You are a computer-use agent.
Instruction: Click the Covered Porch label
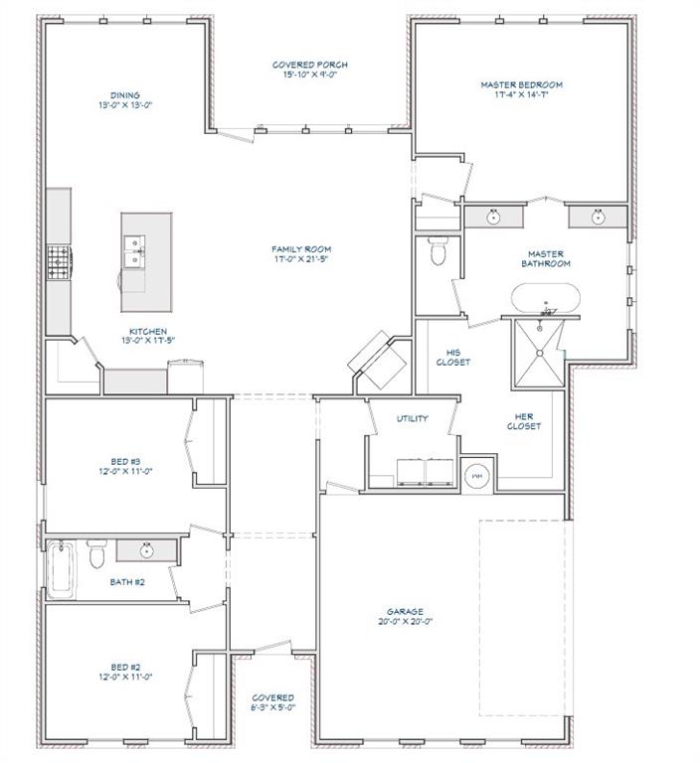pyautogui.click(x=310, y=66)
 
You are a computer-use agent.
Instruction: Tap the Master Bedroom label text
pyautogui.click(x=520, y=85)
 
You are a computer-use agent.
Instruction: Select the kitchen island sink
pyautogui.click(x=132, y=251)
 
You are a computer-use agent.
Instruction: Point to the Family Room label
pyautogui.click(x=301, y=248)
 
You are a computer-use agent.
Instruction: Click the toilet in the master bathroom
pyautogui.click(x=437, y=252)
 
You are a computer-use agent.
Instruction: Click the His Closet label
pyautogui.click(x=452, y=358)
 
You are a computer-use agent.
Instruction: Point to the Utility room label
pyautogui.click(x=412, y=418)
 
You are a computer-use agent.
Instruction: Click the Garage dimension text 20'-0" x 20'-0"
pyautogui.click(x=405, y=622)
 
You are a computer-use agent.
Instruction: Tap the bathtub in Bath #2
pyautogui.click(x=60, y=568)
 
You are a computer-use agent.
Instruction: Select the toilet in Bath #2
pyautogui.click(x=96, y=554)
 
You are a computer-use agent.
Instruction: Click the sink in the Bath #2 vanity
pyautogui.click(x=146, y=548)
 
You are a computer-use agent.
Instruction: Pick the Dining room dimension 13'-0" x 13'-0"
pyautogui.click(x=124, y=104)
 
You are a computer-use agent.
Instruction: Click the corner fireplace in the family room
pyautogui.click(x=379, y=357)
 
